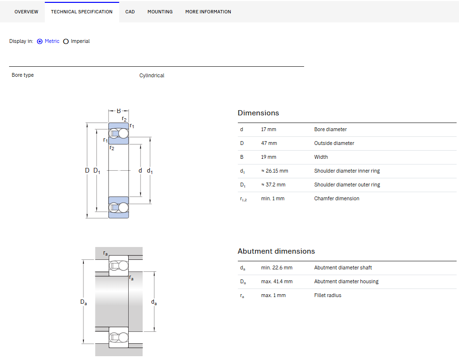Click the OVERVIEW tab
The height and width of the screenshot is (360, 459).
coord(26,12)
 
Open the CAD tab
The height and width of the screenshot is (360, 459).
coord(130,12)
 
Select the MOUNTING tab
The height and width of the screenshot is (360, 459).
coord(160,12)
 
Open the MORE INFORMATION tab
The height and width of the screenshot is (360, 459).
coord(208,12)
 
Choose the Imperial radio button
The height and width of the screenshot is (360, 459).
coord(66,41)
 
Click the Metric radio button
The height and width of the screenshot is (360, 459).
coord(40,41)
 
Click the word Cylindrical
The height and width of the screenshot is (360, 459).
coord(152,75)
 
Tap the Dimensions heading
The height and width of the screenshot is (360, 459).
coord(258,113)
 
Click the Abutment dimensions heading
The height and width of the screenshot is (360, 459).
coord(276,251)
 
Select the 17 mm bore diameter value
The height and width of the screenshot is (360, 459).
coord(268,130)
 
